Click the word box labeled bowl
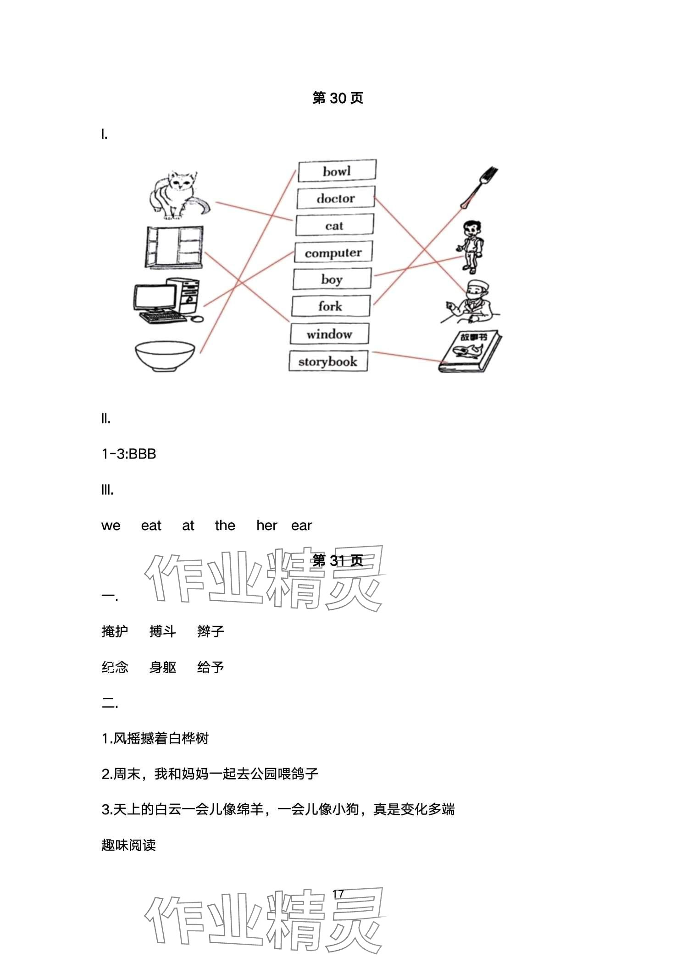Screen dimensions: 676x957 click(x=337, y=171)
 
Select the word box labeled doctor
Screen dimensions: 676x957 click(x=336, y=198)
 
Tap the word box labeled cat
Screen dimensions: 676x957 click(x=334, y=226)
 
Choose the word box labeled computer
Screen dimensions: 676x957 click(x=333, y=252)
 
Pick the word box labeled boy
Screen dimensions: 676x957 click(x=332, y=279)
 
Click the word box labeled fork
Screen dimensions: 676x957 click(x=330, y=306)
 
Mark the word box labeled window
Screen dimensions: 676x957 click(x=329, y=334)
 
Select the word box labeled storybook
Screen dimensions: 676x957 click(x=328, y=361)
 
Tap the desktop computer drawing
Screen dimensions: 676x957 click(x=168, y=300)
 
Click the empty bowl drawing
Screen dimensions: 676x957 click(x=165, y=356)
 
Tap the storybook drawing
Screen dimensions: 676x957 click(x=470, y=351)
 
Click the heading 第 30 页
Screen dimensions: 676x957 click(x=338, y=98)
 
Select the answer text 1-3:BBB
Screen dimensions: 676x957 click(x=129, y=454)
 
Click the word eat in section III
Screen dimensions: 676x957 click(x=151, y=526)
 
